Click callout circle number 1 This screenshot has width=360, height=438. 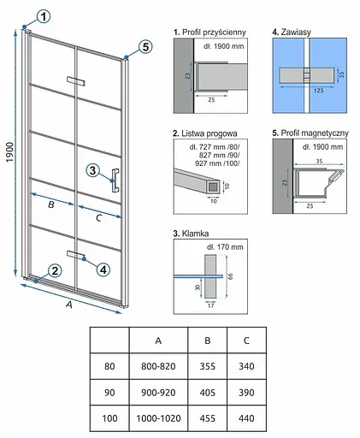coord(44,16)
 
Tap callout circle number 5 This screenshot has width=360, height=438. coord(145,46)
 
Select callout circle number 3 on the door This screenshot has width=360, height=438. coord(92,170)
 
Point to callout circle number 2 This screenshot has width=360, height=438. coord(55,270)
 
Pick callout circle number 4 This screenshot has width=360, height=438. coord(103,269)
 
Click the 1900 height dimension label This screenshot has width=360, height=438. coord(10,152)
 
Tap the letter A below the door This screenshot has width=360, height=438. coord(69,305)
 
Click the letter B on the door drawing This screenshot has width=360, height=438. coord(51,204)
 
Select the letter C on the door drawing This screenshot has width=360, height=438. coord(98,218)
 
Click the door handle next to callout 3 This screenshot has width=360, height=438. coord(115,181)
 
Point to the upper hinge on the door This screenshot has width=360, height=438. coord(76,80)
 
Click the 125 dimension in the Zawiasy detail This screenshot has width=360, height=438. coord(318,91)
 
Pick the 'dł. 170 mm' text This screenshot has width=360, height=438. coord(225,247)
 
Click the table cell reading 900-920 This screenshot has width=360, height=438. coord(158,393)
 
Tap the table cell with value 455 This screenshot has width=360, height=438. coord(208,418)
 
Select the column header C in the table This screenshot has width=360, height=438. coord(246,340)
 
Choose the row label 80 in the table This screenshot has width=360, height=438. coord(109,366)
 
